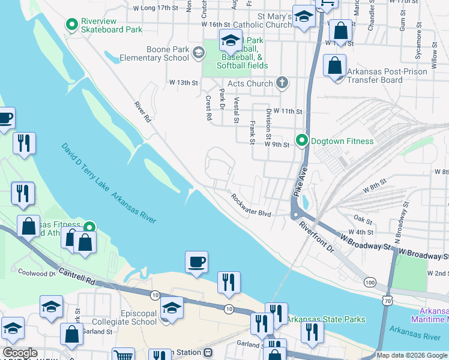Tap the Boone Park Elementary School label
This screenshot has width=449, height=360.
[154, 54]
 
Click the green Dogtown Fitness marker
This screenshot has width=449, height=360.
[301, 142]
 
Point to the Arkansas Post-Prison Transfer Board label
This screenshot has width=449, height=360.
[387, 76]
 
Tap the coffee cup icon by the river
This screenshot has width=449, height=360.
[196, 262]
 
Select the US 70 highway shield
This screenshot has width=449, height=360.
[390, 296]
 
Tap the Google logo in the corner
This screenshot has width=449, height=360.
[20, 353]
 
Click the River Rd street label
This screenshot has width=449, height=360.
[142, 112]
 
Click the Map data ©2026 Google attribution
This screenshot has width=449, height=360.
[412, 355]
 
